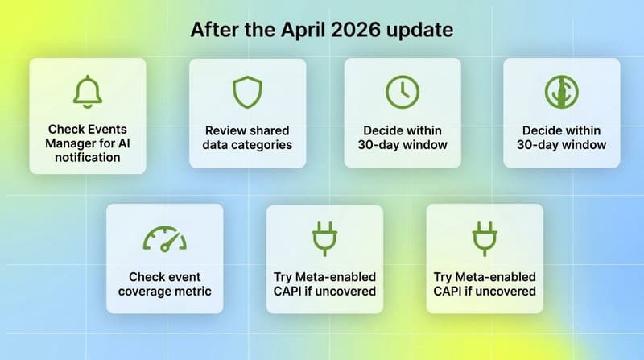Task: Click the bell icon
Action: pyautogui.click(x=88, y=92)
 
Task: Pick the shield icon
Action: pyautogui.click(x=247, y=92)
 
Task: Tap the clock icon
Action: pyautogui.click(x=402, y=92)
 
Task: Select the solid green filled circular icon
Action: pyautogui.click(x=562, y=92)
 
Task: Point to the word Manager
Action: pyautogui.click(x=72, y=143)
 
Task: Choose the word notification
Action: pyautogui.click(x=88, y=157)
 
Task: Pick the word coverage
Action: pyautogui.click(x=147, y=291)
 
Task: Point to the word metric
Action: pyautogui.click(x=194, y=291)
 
